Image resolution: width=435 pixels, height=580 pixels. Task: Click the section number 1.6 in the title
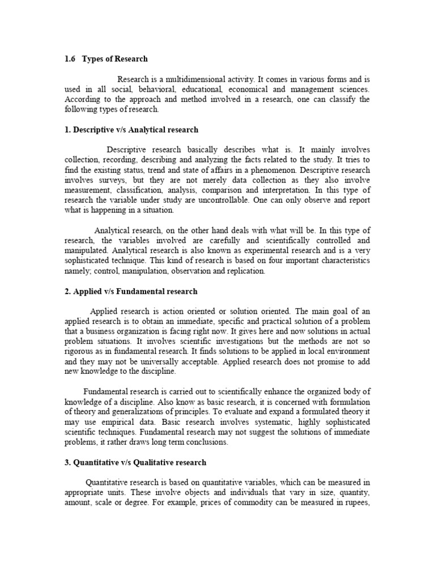(x=70, y=59)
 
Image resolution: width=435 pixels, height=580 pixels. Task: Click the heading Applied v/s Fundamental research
(x=131, y=291)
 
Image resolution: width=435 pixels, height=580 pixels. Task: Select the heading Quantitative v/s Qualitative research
(x=135, y=463)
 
